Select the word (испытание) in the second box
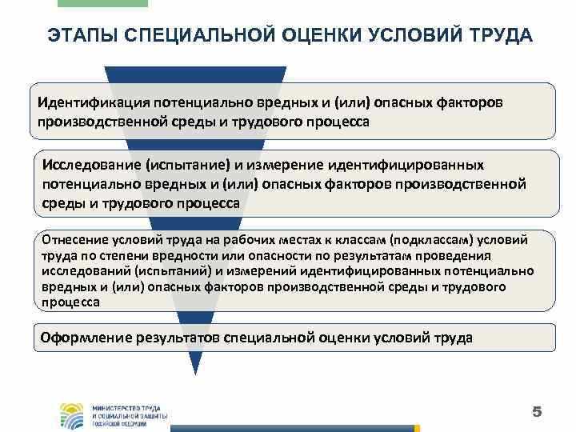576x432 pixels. [186, 164]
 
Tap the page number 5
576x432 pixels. [537, 412]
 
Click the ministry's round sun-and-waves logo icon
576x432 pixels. [73, 414]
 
